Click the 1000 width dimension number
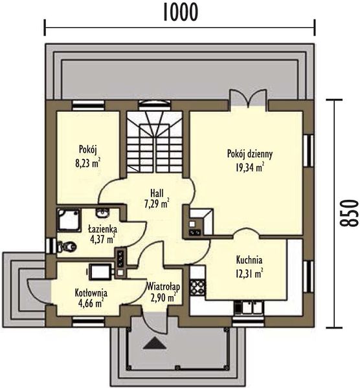coord(181,12)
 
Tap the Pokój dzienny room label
coord(250,154)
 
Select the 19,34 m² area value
coord(249,167)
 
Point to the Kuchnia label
coord(249,260)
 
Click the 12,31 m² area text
coord(248,274)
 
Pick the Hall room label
coord(157,193)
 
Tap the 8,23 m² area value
coord(87,164)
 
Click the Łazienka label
coord(103,229)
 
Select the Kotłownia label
coord(91,293)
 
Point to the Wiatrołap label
coord(163,286)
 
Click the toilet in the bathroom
coord(67,246)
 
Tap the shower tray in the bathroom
coord(69,220)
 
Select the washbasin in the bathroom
coord(102,213)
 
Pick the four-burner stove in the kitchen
coord(197,287)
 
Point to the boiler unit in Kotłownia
coord(100,272)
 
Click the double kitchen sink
coord(249,307)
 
